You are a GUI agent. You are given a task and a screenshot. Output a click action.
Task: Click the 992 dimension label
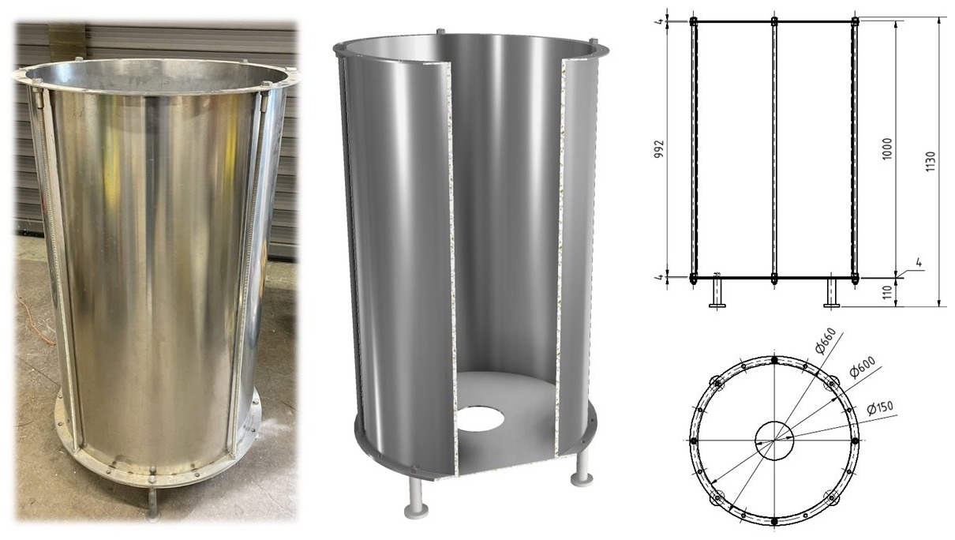coord(659,149)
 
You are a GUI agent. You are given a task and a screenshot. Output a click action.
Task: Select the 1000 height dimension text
coord(887,149)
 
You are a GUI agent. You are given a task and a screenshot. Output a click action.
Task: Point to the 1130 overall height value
coord(931,162)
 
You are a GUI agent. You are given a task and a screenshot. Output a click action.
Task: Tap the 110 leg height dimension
coord(888,292)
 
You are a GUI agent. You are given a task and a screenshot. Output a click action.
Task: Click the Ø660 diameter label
coord(825,341)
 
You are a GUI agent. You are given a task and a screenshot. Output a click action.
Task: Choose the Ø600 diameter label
coord(862,367)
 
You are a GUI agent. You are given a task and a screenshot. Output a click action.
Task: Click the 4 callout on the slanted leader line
coord(919,263)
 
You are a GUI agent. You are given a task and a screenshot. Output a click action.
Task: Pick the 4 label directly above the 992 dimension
coord(660,21)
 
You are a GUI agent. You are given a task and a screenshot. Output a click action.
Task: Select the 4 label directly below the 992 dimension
coord(660,277)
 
